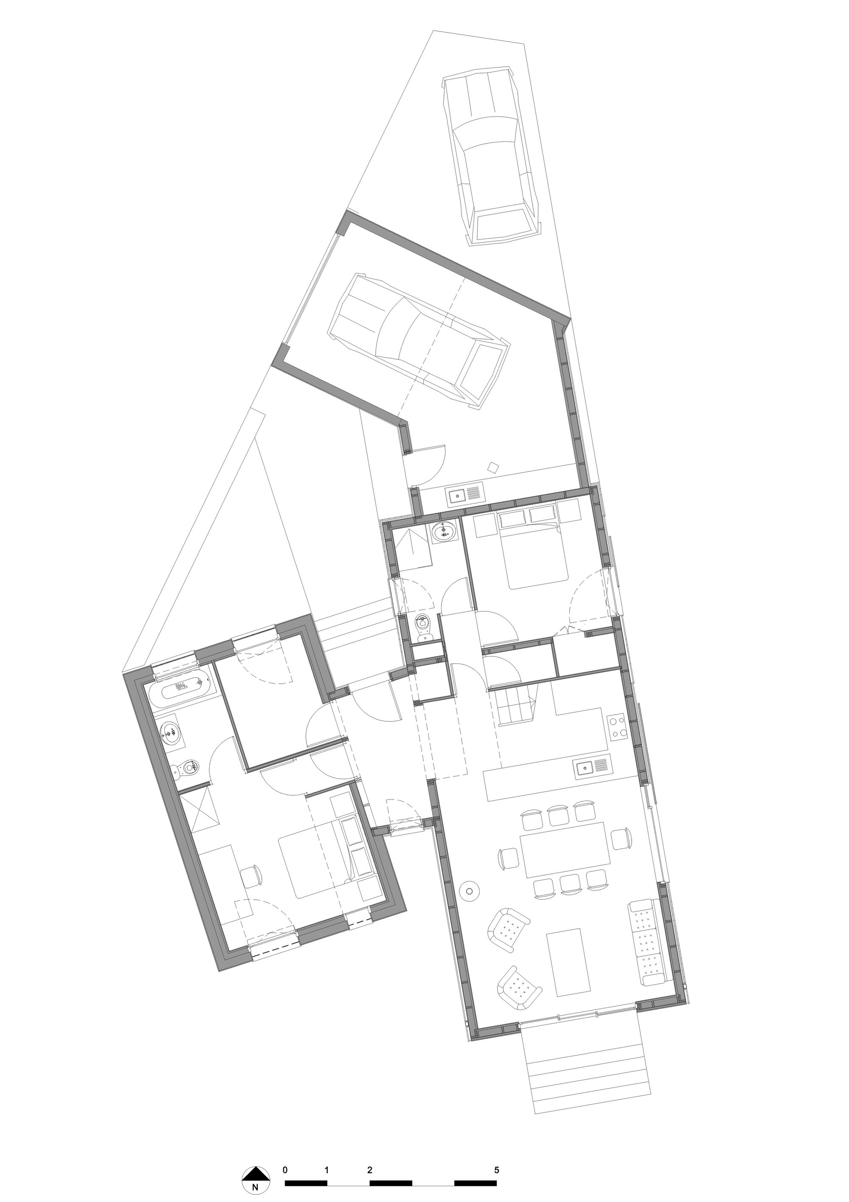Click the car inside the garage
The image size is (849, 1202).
419,340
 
